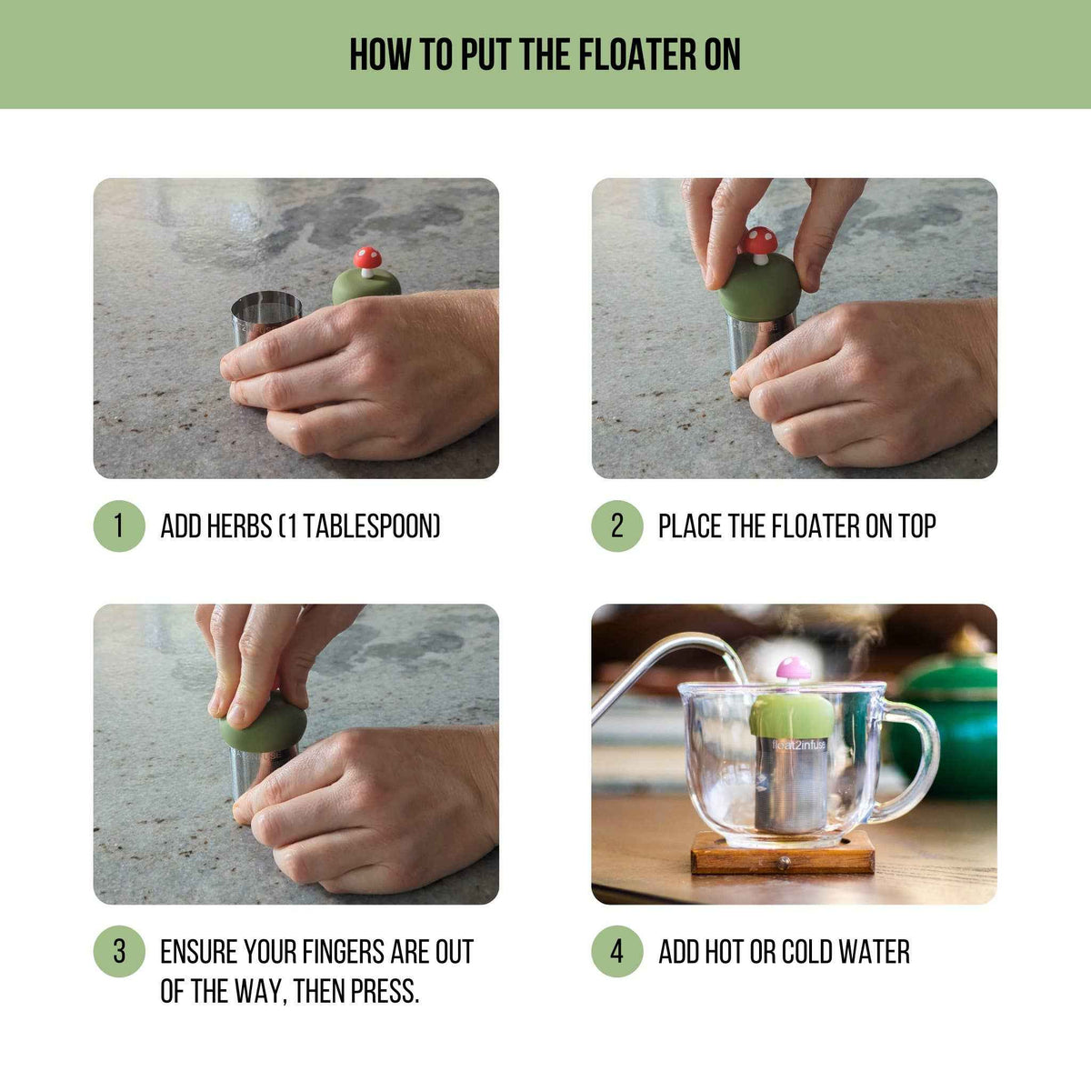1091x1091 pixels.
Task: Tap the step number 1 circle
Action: (x=119, y=526)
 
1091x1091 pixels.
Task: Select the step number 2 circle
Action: (x=617, y=526)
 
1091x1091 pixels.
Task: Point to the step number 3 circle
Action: (x=119, y=952)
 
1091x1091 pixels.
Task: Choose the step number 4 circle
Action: (x=617, y=952)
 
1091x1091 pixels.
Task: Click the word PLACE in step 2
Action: (x=690, y=526)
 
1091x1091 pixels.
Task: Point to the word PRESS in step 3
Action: (x=382, y=990)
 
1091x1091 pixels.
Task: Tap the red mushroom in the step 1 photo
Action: (x=367, y=260)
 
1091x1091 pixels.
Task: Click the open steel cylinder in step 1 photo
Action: (x=265, y=318)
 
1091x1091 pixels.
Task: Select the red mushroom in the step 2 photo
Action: (x=759, y=242)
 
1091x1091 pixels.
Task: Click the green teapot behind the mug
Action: (x=950, y=718)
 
